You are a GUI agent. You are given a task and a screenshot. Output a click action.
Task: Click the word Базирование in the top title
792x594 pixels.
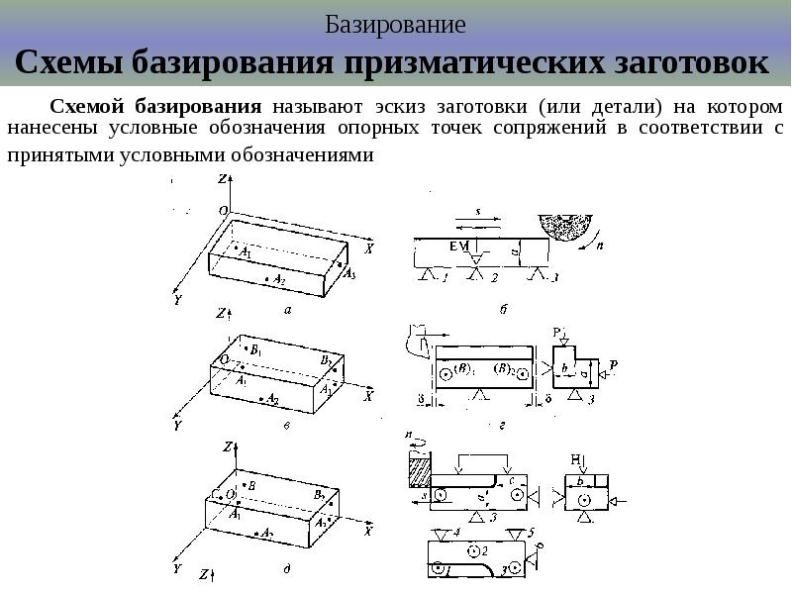[x=395, y=24]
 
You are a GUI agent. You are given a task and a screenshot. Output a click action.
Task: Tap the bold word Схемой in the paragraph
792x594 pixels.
[x=85, y=106]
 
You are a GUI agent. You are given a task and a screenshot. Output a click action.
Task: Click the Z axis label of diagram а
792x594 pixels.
[x=223, y=178]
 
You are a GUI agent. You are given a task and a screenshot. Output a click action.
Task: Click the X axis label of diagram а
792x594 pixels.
[x=368, y=249]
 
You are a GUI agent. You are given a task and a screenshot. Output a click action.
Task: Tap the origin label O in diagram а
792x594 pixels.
[x=223, y=211]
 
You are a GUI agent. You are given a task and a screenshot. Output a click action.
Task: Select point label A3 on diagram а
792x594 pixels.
[x=348, y=274]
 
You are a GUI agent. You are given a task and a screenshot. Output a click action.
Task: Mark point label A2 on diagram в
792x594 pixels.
[x=272, y=402]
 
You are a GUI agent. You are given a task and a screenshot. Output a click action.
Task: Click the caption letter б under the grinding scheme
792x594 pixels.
[x=503, y=310]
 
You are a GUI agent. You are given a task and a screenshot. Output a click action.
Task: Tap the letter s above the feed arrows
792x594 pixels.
[x=477, y=211]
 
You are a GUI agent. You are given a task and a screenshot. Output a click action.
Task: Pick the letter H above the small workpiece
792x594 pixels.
[x=575, y=457]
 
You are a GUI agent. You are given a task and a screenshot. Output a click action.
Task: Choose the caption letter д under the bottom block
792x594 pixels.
[x=285, y=568]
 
